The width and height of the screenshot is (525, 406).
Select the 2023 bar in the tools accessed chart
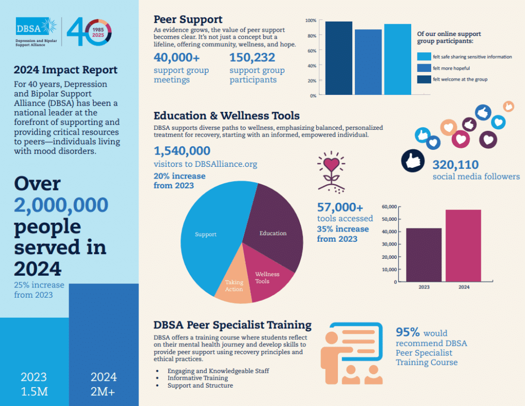point(423,255)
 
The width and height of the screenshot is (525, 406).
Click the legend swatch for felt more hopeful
point(423,68)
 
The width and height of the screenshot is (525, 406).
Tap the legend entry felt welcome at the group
point(459,79)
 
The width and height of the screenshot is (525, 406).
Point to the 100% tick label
point(311,21)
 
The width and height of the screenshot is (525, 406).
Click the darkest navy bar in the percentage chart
point(338,58)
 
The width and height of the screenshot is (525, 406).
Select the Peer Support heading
point(188,20)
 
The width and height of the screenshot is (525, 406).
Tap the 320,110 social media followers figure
point(456,165)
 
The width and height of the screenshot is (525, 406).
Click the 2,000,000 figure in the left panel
point(61,205)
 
